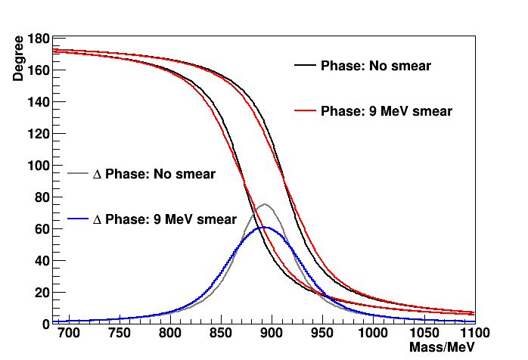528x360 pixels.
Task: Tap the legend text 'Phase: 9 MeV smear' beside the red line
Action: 387,111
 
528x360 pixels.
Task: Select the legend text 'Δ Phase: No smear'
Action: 154,174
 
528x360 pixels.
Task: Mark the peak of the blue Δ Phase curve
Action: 262,227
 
